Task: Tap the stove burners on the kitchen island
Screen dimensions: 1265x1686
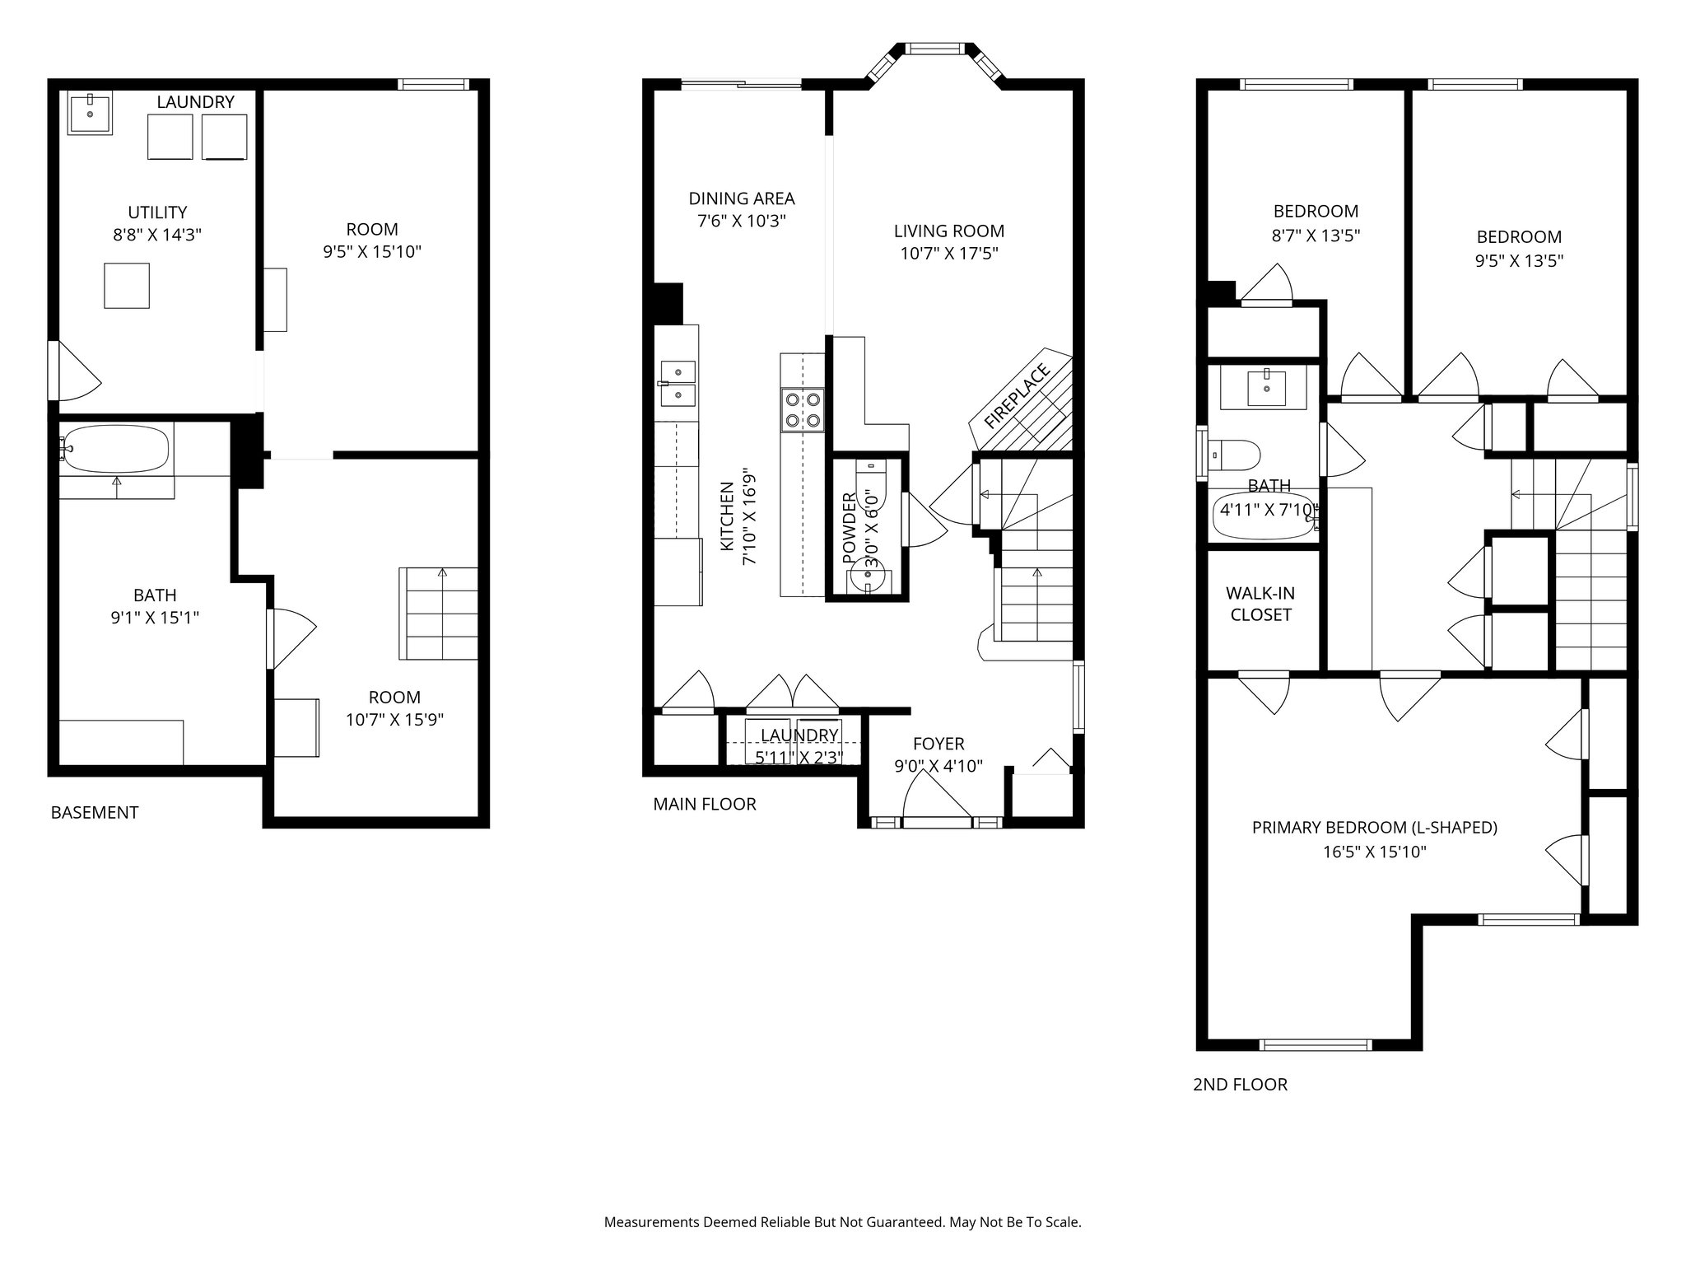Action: click(x=803, y=410)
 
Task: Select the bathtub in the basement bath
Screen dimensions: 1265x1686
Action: click(x=115, y=449)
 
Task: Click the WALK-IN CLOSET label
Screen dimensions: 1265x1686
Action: click(x=1260, y=604)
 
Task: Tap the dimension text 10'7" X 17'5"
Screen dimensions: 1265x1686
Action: click(x=948, y=254)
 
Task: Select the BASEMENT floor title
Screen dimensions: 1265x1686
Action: click(x=95, y=813)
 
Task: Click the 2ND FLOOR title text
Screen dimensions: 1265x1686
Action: click(x=1240, y=1085)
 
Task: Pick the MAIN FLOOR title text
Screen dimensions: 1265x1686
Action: click(x=704, y=804)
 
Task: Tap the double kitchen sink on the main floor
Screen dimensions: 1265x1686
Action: click(x=678, y=384)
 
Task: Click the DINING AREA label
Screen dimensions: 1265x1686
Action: click(x=742, y=198)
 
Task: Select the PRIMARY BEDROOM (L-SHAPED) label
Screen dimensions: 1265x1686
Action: click(x=1374, y=828)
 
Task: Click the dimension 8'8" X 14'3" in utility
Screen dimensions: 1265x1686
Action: click(x=157, y=235)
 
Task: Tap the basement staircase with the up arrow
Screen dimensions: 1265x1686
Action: click(x=439, y=613)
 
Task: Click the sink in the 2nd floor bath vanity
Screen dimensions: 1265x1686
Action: click(x=1266, y=388)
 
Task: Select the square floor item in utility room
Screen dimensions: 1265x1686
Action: click(x=127, y=286)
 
